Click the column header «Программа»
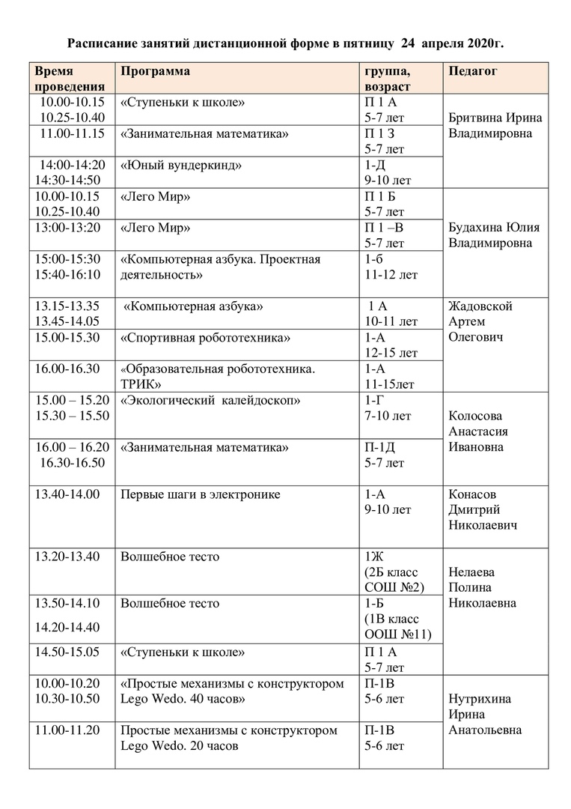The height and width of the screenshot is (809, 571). click(155, 71)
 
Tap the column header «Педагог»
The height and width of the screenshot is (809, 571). click(473, 71)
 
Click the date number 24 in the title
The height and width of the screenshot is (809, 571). click(408, 44)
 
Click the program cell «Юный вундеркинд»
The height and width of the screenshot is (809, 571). click(181, 165)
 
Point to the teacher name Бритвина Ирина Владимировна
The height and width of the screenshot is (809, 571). click(495, 126)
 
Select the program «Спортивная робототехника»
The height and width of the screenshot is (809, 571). click(206, 338)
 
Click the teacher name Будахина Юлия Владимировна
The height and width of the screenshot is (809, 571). click(494, 235)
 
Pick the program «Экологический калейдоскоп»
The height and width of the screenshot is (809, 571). click(210, 401)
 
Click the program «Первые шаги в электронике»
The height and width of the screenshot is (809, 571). click(201, 494)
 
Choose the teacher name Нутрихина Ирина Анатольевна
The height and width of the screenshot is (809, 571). click(485, 715)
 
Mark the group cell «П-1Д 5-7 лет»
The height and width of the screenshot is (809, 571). click(385, 455)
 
